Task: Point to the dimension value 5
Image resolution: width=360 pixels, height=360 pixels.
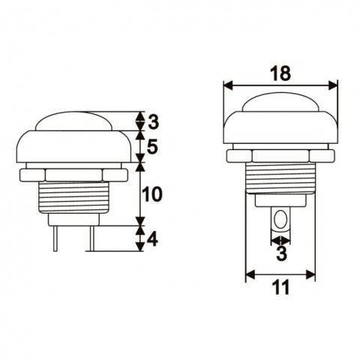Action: (x=151, y=148)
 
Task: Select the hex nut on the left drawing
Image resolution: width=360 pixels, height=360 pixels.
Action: (x=73, y=173)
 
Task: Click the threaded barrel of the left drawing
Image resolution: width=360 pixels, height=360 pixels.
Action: (x=73, y=199)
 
